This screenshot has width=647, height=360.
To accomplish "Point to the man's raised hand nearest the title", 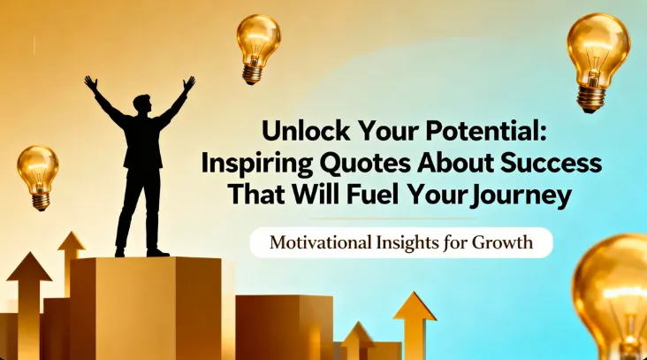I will click(x=187, y=83).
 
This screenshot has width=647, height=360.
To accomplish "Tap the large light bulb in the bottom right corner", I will click(x=614, y=292).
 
